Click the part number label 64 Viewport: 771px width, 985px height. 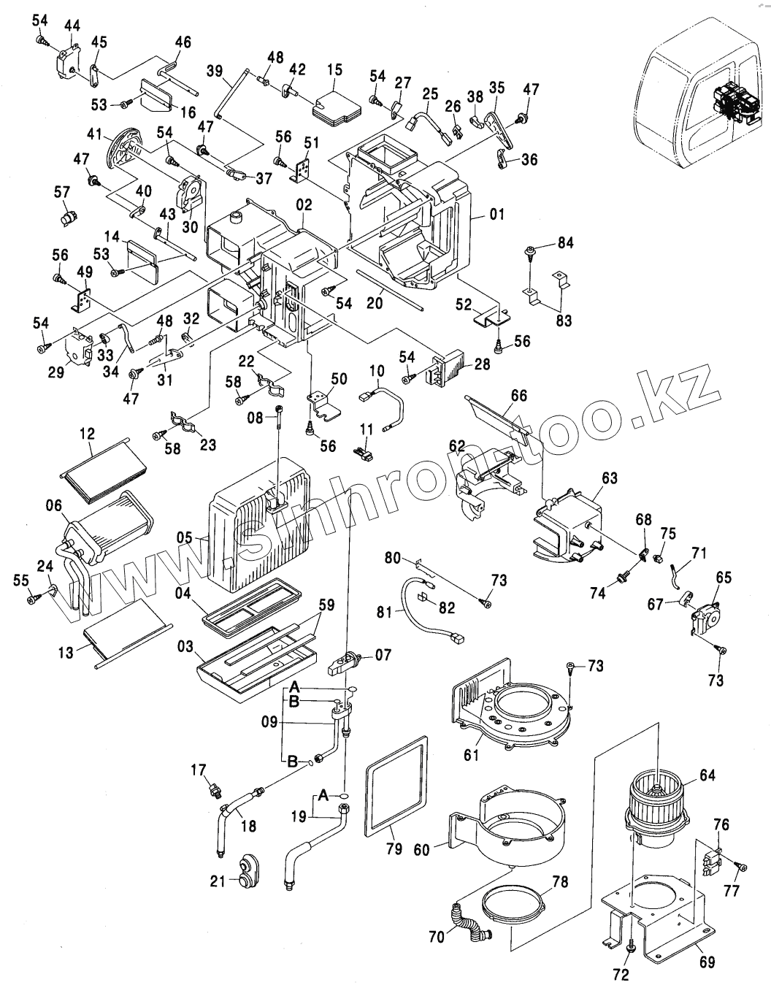pyautogui.click(x=707, y=775)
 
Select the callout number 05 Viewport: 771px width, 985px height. pyautogui.click(x=185, y=538)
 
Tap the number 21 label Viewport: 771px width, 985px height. pyautogui.click(x=218, y=881)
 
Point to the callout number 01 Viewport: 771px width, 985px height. pyautogui.click(x=496, y=213)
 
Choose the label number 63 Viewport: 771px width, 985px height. pyautogui.click(x=609, y=478)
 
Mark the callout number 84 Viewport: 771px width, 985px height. pyautogui.click(x=565, y=242)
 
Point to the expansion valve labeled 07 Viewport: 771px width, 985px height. pyautogui.click(x=345, y=662)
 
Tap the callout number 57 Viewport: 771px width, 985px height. pyautogui.click(x=62, y=192)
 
